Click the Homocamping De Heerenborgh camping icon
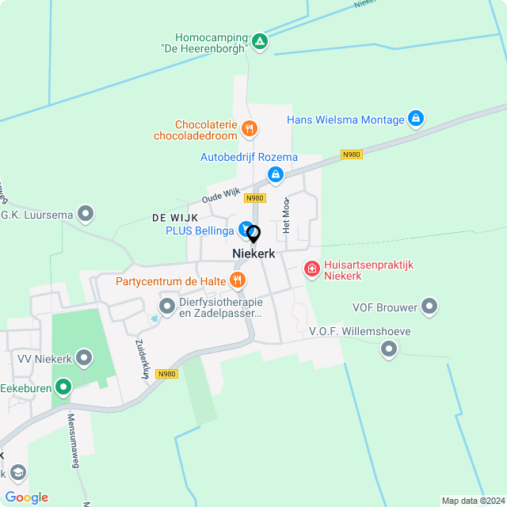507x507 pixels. pyautogui.click(x=260, y=40)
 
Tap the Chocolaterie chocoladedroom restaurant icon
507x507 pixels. pyautogui.click(x=249, y=128)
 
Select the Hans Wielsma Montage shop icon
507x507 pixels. pyautogui.click(x=416, y=120)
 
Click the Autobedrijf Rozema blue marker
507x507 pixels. pyautogui.click(x=275, y=173)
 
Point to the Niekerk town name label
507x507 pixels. pyautogui.click(x=253, y=253)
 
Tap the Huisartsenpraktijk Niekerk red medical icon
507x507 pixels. pyautogui.click(x=312, y=269)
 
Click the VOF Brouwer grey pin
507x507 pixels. pyautogui.click(x=429, y=306)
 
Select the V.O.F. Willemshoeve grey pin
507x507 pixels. pyautogui.click(x=388, y=348)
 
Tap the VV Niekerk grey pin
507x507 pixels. pyautogui.click(x=86, y=359)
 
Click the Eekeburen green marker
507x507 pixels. pyautogui.click(x=62, y=387)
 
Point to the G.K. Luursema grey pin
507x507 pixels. pyautogui.click(x=86, y=214)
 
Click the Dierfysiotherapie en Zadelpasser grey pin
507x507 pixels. pyautogui.click(x=166, y=305)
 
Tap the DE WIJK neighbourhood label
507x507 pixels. pyautogui.click(x=174, y=216)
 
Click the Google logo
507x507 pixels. pyautogui.click(x=26, y=497)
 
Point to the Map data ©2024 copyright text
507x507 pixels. pyautogui.click(x=472, y=501)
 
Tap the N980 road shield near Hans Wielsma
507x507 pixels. pyautogui.click(x=352, y=154)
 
